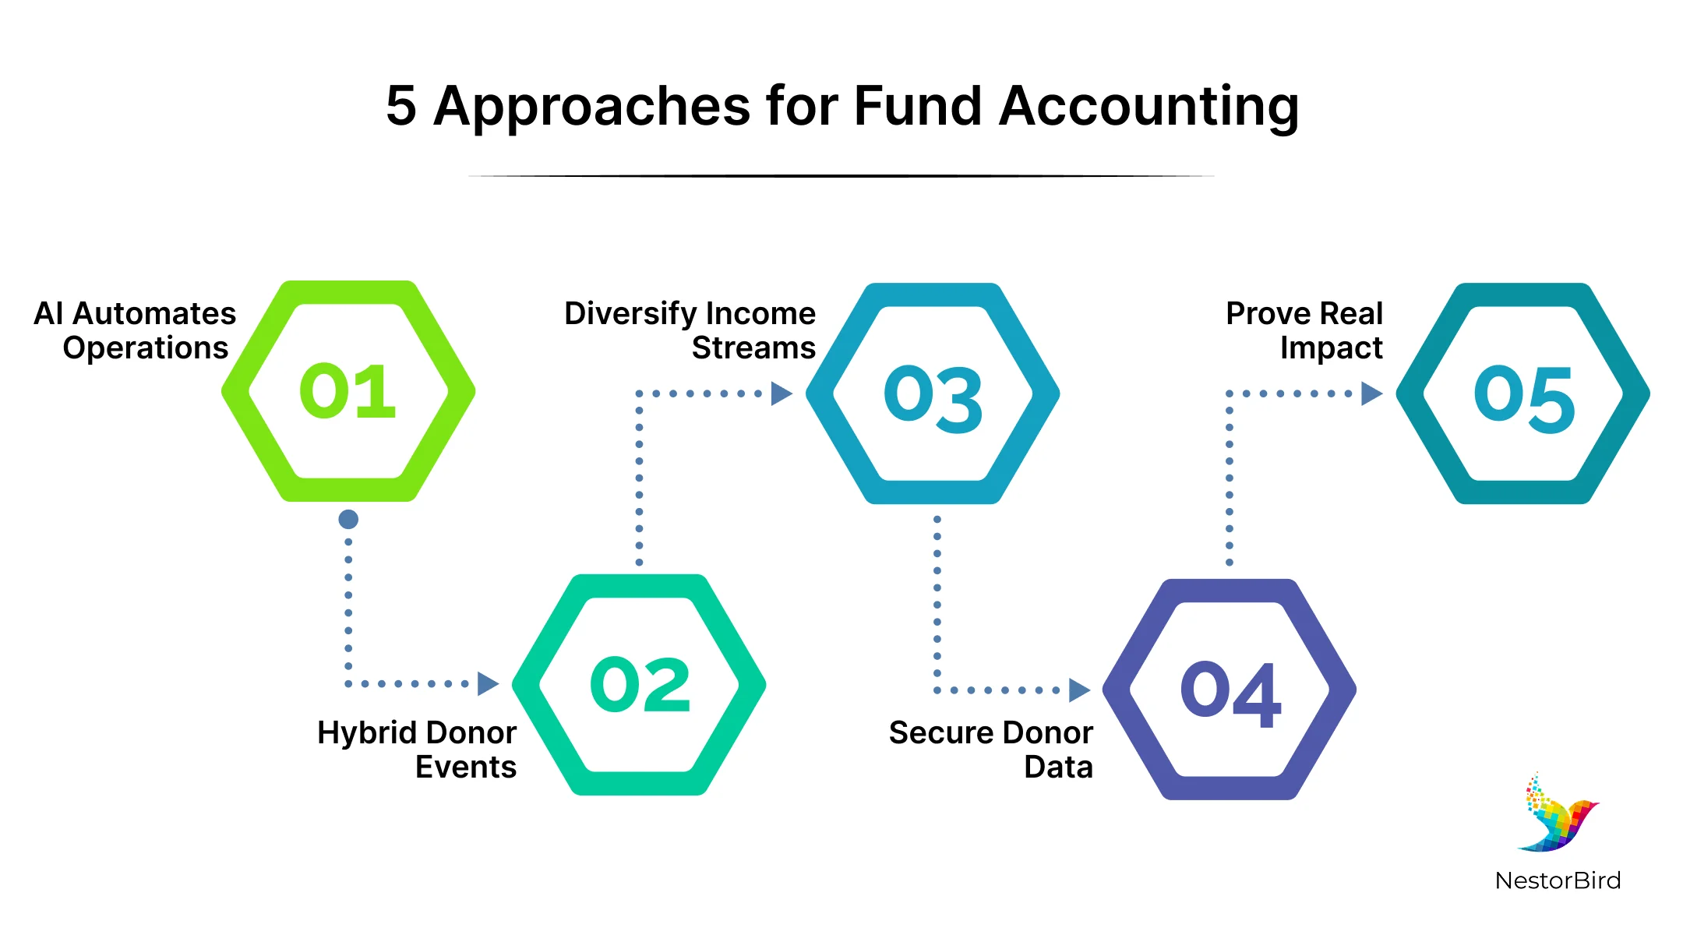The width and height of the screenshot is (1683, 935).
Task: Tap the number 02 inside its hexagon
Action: click(640, 683)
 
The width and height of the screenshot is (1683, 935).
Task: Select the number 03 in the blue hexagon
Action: click(933, 398)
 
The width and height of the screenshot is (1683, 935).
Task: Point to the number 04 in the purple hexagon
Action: click(1230, 693)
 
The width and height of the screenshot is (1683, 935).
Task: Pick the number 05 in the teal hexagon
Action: click(1524, 398)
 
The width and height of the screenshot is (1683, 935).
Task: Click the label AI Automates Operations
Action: click(135, 330)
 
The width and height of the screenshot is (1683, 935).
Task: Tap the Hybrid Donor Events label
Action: click(417, 750)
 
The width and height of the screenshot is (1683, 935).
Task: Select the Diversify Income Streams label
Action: click(690, 330)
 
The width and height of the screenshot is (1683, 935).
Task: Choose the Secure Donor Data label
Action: click(991, 750)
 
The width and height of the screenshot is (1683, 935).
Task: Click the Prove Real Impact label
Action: click(1304, 330)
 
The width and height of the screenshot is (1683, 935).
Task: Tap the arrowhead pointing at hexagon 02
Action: click(488, 683)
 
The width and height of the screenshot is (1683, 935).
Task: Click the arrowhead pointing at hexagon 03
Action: click(782, 393)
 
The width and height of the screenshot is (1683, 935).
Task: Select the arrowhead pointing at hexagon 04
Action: click(1079, 690)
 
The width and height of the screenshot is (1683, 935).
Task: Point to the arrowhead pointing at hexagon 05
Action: click(1372, 393)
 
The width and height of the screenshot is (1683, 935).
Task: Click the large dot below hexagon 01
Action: click(348, 519)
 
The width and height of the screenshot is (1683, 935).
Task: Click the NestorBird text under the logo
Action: click(1558, 880)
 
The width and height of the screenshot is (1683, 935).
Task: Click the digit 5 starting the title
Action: click(401, 106)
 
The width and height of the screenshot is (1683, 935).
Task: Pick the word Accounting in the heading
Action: click(1149, 107)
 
